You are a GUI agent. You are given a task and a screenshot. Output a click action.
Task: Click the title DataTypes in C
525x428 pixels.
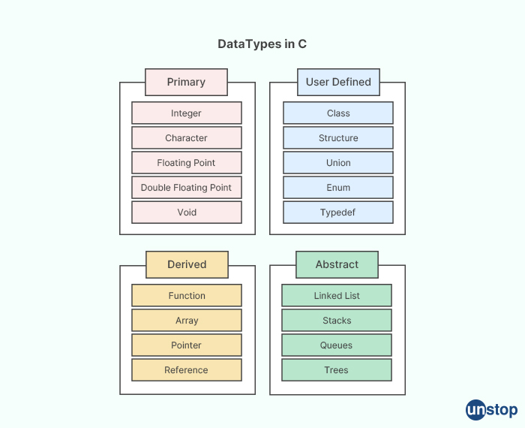[262, 44]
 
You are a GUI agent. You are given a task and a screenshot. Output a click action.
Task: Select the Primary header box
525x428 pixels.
[186, 82]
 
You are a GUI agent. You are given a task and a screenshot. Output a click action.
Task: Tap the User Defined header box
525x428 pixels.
[338, 82]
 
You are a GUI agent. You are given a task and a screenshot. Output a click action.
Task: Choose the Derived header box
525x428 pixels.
[187, 264]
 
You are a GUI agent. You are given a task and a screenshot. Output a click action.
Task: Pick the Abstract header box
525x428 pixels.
[337, 264]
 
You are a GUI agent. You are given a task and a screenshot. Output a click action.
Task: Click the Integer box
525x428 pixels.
[187, 113]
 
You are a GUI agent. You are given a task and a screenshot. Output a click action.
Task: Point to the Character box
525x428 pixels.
[187, 138]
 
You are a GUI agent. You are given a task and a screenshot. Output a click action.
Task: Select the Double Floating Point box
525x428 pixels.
[187, 188]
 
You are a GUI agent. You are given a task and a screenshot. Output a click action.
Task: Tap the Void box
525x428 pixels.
[187, 212]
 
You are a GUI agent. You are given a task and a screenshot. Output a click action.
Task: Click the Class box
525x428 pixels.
[338, 113]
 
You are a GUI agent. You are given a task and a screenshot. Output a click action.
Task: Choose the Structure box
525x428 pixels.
[338, 138]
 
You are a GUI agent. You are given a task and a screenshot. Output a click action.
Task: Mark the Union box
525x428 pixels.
[338, 163]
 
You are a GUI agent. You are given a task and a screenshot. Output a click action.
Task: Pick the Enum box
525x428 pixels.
[338, 188]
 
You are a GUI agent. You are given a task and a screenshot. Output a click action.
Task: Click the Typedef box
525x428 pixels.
[338, 212]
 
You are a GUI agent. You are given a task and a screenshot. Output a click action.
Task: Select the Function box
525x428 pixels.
[187, 296]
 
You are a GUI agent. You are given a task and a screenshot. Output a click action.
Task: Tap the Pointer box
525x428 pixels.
[187, 345]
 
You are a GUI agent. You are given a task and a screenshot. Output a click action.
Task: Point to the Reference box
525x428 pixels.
[187, 370]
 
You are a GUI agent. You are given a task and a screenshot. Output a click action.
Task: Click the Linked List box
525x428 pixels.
[337, 296]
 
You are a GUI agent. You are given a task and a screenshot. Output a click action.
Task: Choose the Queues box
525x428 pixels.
[337, 345]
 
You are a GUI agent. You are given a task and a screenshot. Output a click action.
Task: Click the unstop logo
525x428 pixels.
[491, 409]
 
